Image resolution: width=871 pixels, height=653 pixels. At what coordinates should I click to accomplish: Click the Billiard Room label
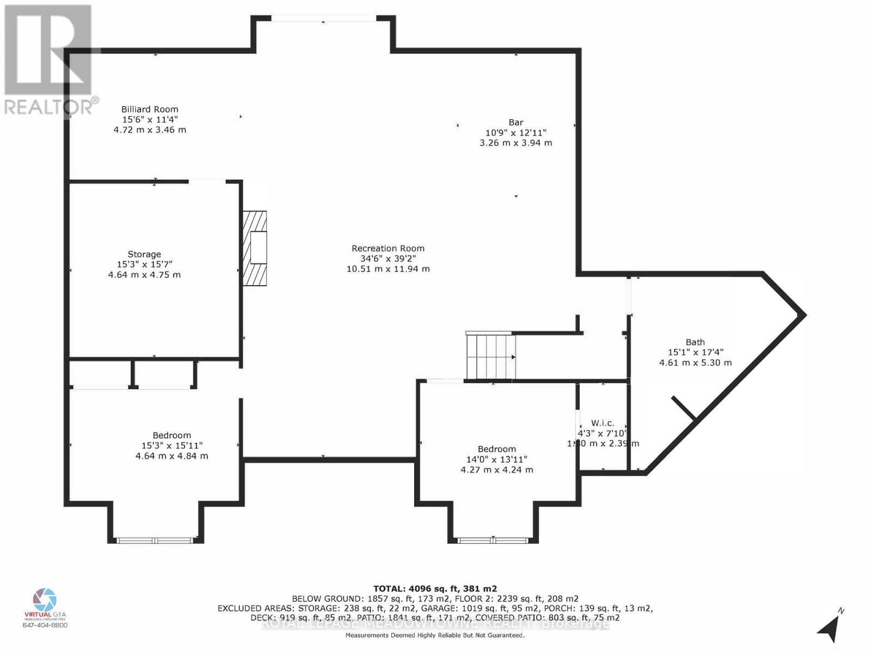click(150, 109)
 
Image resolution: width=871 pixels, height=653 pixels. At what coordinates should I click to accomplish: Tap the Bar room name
click(516, 122)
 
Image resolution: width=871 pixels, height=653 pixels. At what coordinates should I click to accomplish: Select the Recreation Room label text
click(388, 248)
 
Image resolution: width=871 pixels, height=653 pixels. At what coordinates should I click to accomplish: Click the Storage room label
click(144, 254)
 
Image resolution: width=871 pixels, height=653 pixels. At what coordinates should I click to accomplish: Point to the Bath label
click(695, 342)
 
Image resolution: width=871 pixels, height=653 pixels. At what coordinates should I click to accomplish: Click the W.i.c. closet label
click(603, 423)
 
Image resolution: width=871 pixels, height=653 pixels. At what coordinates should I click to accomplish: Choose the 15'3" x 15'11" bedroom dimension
click(171, 446)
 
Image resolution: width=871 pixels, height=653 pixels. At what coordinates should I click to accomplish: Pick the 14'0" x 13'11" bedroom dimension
click(496, 459)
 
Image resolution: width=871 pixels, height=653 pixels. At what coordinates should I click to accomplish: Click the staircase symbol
click(490, 356)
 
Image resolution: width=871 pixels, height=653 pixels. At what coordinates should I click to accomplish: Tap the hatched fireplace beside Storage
click(255, 248)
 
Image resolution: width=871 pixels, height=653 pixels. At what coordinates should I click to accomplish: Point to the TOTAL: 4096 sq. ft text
click(434, 588)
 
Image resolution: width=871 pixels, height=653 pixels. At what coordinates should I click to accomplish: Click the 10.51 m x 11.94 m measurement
click(388, 269)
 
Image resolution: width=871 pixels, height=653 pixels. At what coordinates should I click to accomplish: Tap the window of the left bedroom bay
click(156, 540)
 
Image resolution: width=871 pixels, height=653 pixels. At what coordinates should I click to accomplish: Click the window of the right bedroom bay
click(493, 540)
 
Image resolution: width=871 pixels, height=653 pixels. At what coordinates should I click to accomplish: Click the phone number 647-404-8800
click(45, 625)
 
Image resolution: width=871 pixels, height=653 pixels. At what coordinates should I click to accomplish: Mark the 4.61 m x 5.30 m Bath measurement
click(695, 362)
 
